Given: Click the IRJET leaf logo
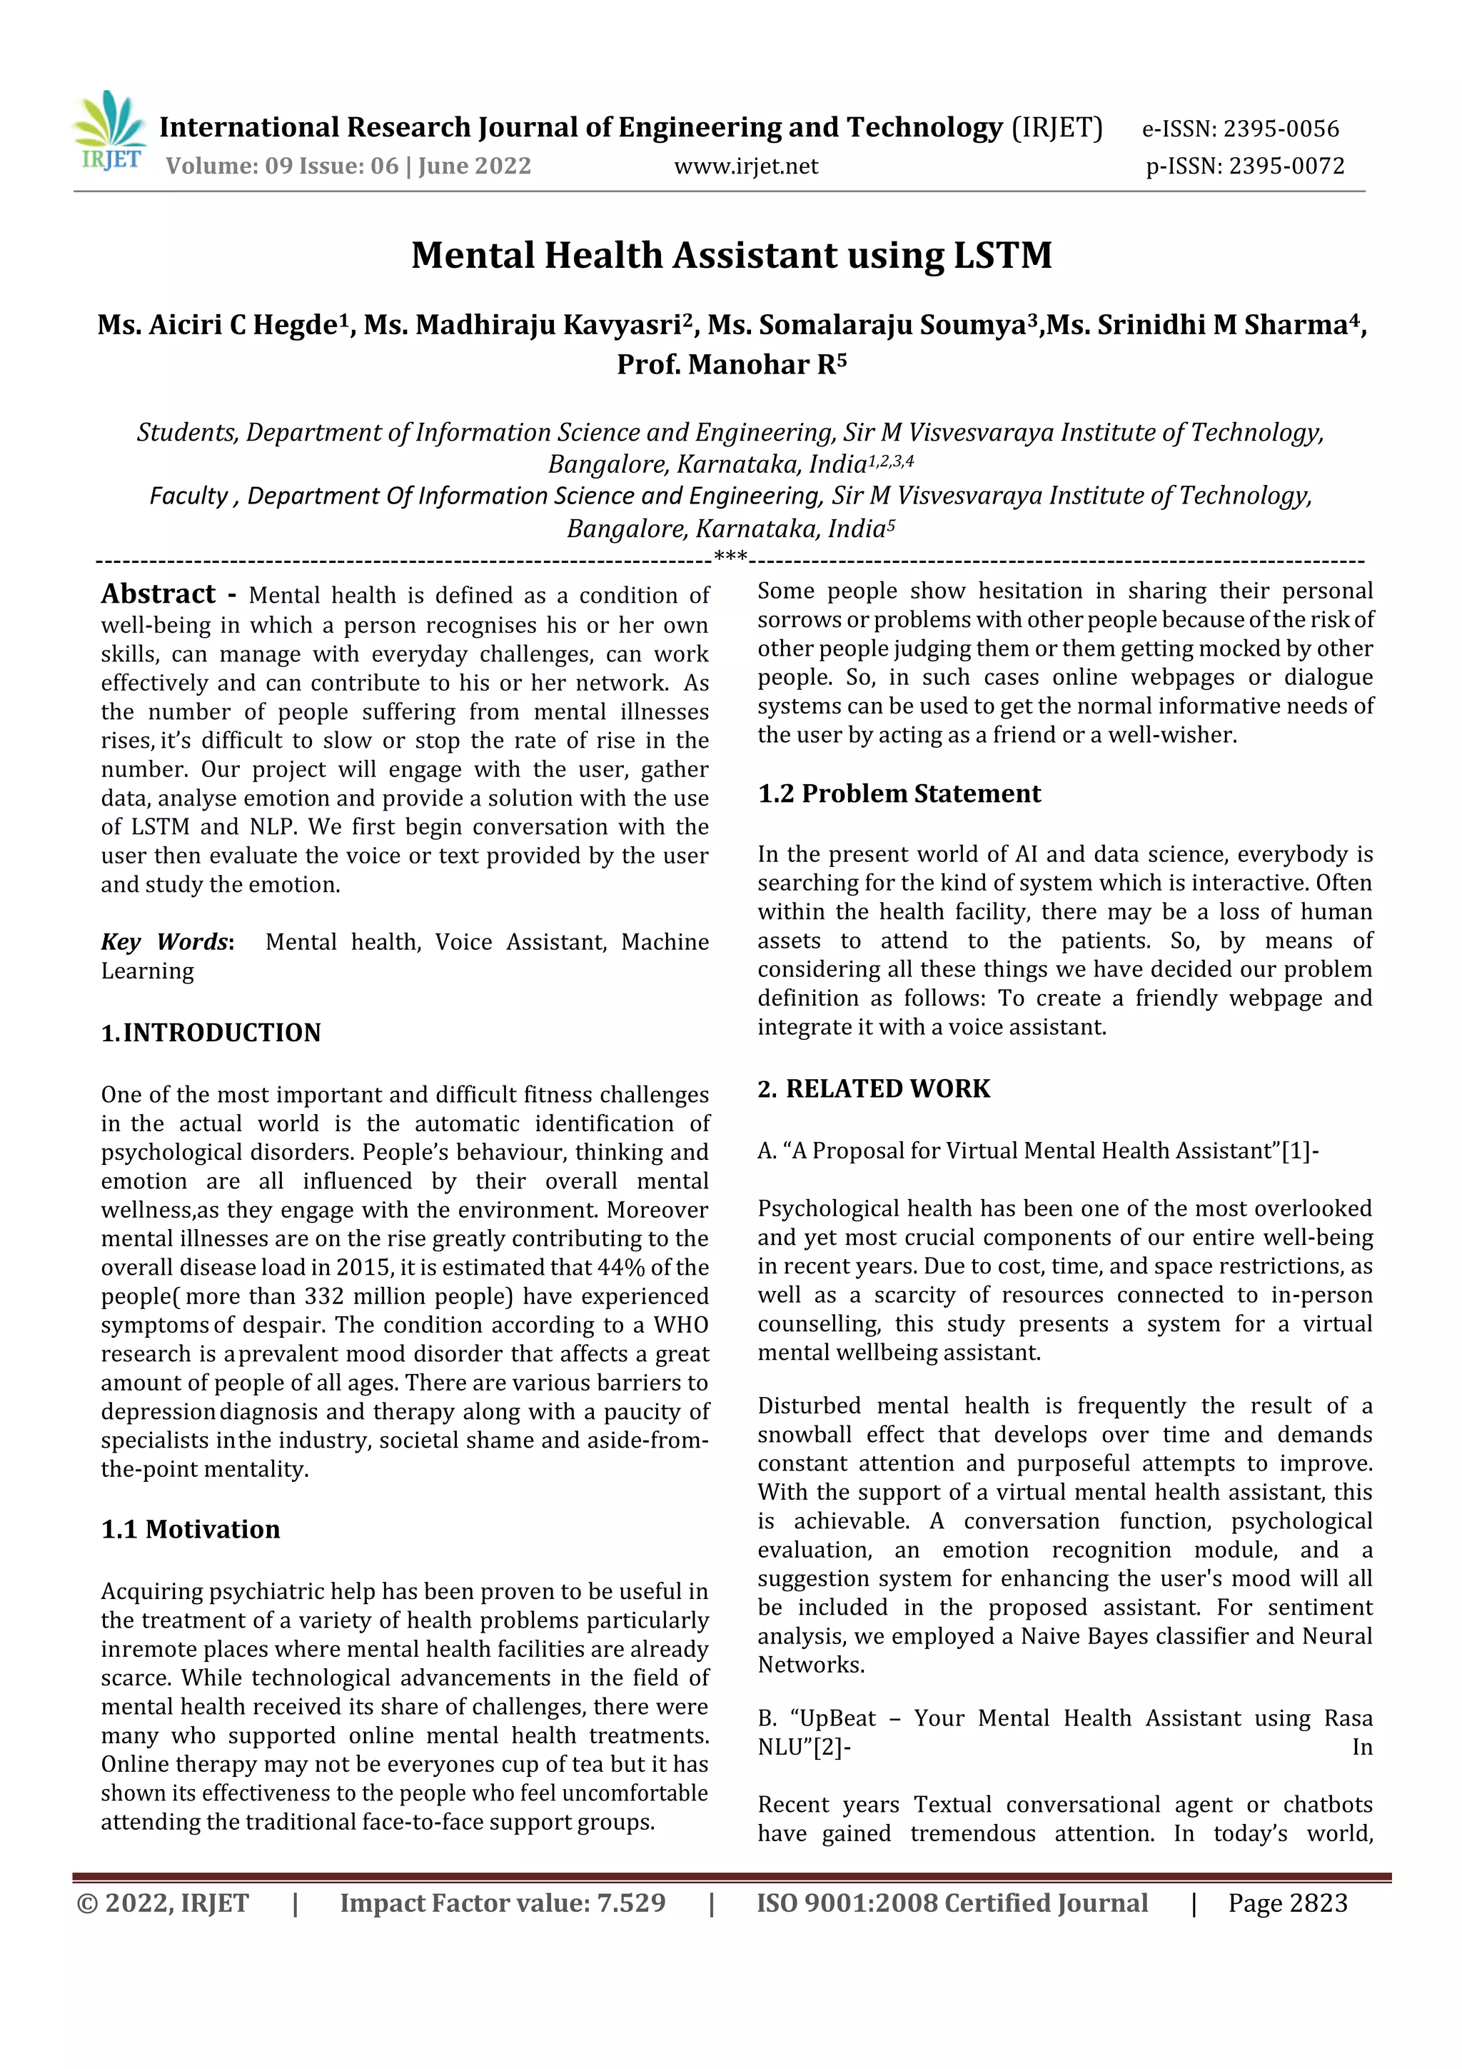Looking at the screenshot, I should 109,130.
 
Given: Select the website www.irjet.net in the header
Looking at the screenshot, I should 746,166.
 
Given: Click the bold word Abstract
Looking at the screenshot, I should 158,595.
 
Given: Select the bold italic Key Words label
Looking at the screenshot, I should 166,942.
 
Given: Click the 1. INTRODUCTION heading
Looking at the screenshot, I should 211,1033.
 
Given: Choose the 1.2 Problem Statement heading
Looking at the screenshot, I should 898,794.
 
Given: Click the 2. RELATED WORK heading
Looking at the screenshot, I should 873,1088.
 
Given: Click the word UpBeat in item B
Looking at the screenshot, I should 838,1718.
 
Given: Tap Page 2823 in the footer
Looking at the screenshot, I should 1287,1903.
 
